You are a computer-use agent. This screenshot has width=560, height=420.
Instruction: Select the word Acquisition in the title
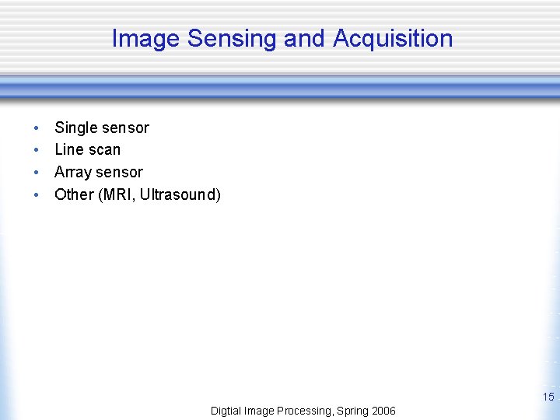point(393,39)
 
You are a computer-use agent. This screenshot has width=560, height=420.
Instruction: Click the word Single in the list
point(75,128)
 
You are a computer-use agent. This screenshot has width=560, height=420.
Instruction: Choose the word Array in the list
point(73,172)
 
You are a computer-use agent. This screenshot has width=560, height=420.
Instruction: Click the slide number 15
point(548,397)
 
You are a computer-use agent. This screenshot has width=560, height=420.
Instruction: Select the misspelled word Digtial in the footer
point(226,411)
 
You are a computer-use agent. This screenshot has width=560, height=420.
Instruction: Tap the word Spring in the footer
point(348,411)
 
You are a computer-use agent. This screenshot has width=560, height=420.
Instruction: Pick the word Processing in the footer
point(300,411)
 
